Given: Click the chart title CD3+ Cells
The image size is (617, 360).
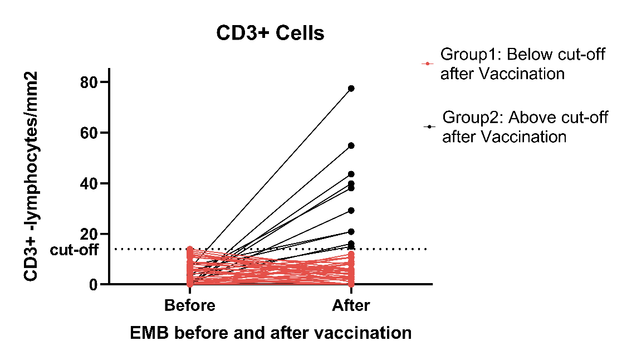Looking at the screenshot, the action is tap(270, 33).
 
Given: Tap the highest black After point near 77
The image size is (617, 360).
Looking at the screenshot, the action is tap(351, 88).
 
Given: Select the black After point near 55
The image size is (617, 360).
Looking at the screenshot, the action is tap(351, 146).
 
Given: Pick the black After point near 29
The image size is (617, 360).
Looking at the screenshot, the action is tap(351, 211).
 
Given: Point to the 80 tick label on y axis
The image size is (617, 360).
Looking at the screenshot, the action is tap(89, 82).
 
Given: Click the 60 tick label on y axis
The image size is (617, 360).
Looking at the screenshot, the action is tap(89, 133).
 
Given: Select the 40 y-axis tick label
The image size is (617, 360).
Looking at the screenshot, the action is tap(89, 183).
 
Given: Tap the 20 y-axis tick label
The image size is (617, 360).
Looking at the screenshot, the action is tap(89, 234).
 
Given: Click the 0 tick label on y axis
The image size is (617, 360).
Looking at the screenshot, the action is tap(93, 284).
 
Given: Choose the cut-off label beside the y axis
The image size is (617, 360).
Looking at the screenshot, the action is tap(74, 250).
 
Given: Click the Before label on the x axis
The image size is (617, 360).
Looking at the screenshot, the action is tap(190, 305).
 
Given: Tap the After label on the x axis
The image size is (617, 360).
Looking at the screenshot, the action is tap(351, 305).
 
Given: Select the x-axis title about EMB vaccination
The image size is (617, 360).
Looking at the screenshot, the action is tap(271, 333).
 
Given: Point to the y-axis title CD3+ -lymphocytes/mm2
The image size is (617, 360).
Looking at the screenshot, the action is tap(31, 177).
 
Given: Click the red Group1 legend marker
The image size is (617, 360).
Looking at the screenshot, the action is tap(427, 64).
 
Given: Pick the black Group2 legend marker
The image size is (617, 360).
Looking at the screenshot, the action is tap(429, 127).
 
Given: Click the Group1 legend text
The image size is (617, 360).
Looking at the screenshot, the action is tap(522, 64).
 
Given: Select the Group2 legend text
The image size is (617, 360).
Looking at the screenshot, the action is tap(525, 127).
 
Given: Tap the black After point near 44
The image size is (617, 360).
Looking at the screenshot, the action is tap(351, 174).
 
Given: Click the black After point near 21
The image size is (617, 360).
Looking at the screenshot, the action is tap(351, 232).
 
